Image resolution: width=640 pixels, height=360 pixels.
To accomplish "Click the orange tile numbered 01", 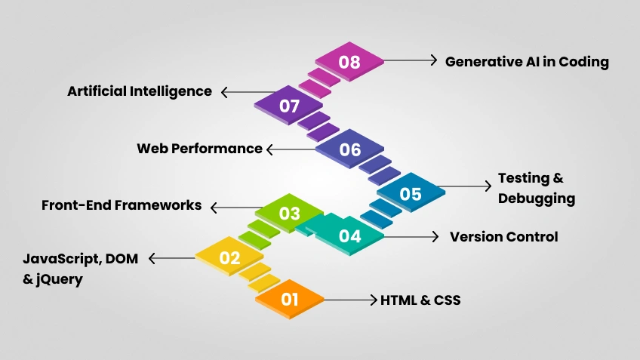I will coord(290,300).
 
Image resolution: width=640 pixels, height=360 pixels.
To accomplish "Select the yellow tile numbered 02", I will coord(229,258).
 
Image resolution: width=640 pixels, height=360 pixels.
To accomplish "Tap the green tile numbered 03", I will coord(290,214).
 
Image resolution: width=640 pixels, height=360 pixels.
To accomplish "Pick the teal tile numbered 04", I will coord(349,236).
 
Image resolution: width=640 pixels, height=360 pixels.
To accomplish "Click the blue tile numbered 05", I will coord(411,194).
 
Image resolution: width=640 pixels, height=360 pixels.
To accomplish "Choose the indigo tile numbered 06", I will coord(349,149).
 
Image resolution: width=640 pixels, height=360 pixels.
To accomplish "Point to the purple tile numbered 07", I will coord(290,106).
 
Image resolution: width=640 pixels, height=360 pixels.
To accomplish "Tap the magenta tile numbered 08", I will coord(349,62).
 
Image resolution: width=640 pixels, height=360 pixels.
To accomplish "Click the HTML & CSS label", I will coord(420,300).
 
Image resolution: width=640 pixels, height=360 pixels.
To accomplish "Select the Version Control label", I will coord(504,237).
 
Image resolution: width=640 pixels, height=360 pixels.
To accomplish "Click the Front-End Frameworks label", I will coord(122,205).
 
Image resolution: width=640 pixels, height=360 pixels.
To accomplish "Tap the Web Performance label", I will coord(199,149).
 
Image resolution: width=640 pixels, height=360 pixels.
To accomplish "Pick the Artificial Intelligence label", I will coord(140,91).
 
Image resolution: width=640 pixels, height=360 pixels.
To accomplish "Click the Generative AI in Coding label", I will coord(527,62).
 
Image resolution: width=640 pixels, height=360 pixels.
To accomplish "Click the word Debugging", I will coord(537,199).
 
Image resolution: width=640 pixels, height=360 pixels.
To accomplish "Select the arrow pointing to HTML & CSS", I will coord(351,300).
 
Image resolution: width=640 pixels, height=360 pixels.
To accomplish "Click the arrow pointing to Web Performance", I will coord(290,149).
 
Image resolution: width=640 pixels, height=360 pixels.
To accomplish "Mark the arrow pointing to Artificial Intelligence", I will coord(245,92).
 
